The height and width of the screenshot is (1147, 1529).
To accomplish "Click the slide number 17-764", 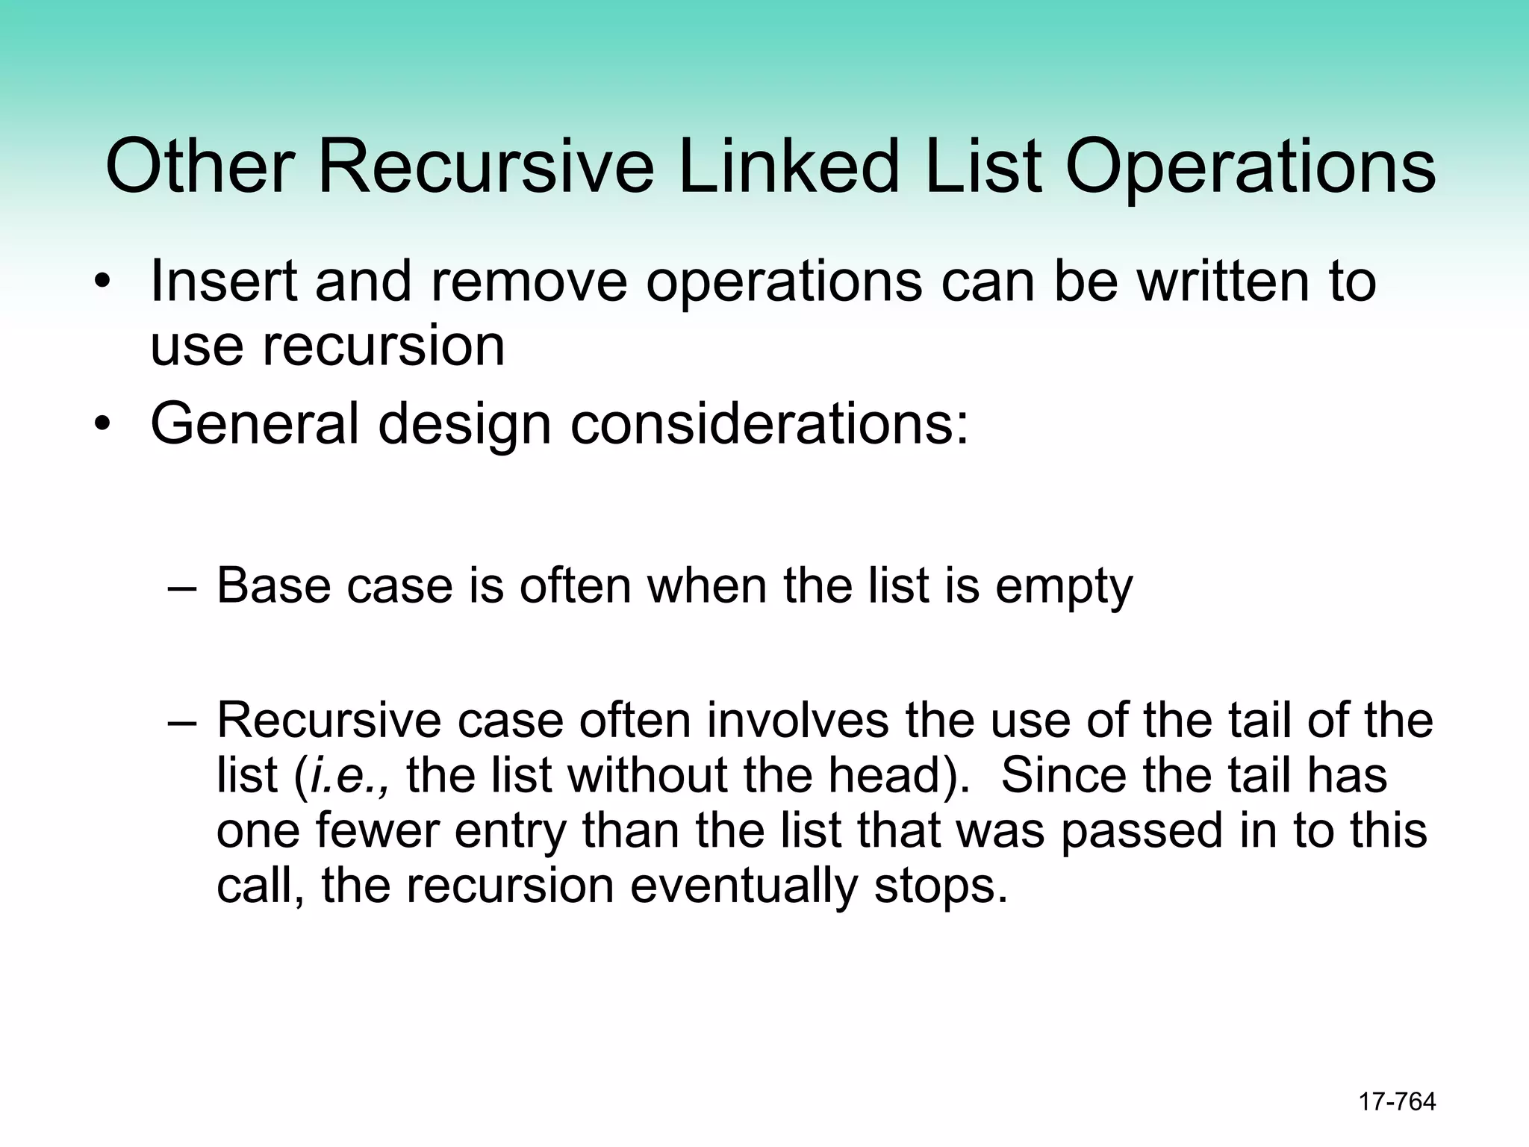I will (x=1397, y=1101).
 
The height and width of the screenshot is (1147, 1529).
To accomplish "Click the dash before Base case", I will (x=182, y=587).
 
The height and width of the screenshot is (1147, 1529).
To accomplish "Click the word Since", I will (x=1063, y=775).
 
